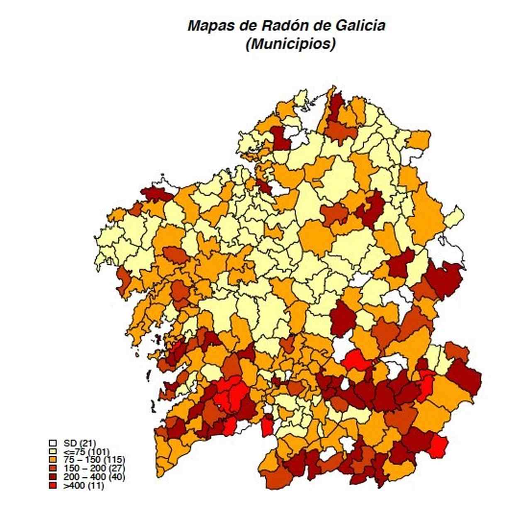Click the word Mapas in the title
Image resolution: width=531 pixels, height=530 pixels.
coord(212,26)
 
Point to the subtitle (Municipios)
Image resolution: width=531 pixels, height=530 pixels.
coord(290,44)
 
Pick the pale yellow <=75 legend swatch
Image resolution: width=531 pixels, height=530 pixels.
coord(53,451)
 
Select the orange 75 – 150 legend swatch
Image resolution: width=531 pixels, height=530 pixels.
coord(53,460)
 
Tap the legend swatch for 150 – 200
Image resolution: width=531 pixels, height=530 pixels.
coord(53,469)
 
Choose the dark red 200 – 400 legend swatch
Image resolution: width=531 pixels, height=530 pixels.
coord(53,477)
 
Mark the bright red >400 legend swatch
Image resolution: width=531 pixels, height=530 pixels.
coord(53,486)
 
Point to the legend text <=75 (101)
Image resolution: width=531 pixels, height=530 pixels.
coord(86,451)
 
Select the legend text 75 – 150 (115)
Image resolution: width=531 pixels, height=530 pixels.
coord(94,460)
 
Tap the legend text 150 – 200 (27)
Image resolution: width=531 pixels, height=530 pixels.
coord(94,469)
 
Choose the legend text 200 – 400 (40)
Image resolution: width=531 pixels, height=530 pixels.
coord(94,477)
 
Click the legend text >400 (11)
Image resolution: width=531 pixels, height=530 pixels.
coord(83,486)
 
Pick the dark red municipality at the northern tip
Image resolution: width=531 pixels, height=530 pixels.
coord(336,106)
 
